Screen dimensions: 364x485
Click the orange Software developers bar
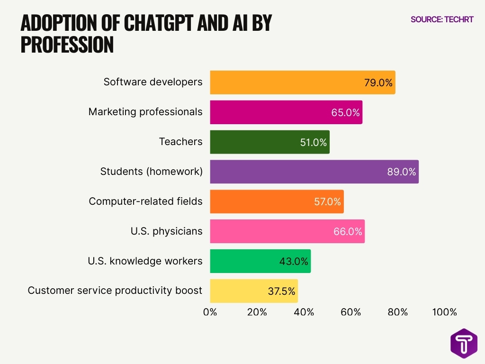click(x=302, y=82)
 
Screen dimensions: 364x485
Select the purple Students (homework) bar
click(x=314, y=172)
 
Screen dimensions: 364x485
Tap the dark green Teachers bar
click(x=269, y=142)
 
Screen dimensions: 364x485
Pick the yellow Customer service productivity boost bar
click(x=254, y=291)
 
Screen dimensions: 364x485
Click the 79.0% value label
click(x=378, y=83)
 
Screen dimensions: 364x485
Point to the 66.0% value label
click(x=348, y=232)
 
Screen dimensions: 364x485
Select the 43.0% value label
click(x=294, y=261)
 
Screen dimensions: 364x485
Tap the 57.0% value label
click(x=327, y=202)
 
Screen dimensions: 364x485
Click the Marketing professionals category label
click(x=145, y=112)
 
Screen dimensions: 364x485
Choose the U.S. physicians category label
click(x=166, y=231)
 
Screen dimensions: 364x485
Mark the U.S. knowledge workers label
click(x=145, y=261)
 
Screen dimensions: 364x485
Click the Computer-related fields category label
click(x=145, y=201)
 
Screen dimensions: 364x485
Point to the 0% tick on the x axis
click(x=210, y=312)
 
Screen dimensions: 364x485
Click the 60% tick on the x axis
click(x=350, y=312)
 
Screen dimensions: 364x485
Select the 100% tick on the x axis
click(x=444, y=312)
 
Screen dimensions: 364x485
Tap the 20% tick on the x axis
click(x=257, y=312)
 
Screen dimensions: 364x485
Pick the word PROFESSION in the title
click(x=67, y=45)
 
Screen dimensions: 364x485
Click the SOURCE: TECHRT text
click(x=442, y=19)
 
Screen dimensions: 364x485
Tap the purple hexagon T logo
click(x=464, y=343)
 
